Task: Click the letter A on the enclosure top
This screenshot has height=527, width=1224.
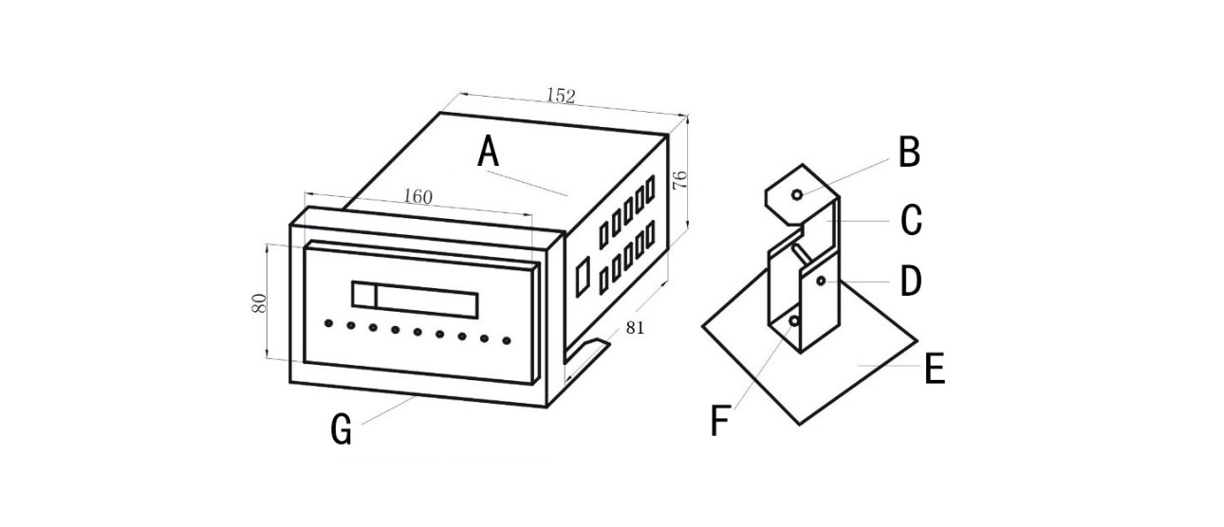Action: coord(488,152)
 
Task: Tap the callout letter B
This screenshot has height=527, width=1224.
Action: coord(909,152)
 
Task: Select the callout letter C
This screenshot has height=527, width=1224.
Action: coord(911,220)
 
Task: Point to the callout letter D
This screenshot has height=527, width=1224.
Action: coord(910,282)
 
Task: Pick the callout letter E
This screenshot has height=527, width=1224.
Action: coord(935,369)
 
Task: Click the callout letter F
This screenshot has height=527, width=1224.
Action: coord(719,421)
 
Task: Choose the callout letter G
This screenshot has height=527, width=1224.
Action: coord(341,429)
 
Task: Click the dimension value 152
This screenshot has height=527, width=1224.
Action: coord(561,96)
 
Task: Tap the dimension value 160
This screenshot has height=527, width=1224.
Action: coord(417,196)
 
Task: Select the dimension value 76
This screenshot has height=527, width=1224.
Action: coord(679,180)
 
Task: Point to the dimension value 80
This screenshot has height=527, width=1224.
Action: coord(259,303)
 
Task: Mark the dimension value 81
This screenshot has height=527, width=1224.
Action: coord(635,328)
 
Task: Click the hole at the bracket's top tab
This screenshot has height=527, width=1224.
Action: coord(797,194)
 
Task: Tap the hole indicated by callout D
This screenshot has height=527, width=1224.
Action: coord(821,281)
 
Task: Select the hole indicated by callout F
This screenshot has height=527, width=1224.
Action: coord(793,321)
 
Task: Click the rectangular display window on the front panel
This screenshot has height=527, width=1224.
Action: coord(416,300)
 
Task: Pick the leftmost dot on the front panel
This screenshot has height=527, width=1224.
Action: coord(328,323)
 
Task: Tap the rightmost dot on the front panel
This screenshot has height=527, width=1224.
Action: coord(507,341)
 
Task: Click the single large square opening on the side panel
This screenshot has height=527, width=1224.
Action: coord(583,277)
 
